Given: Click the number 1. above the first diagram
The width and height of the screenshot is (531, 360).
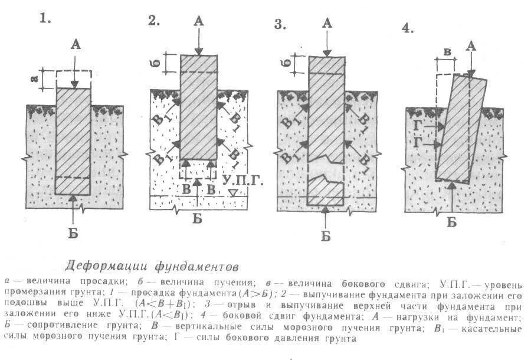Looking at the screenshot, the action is click(45, 18).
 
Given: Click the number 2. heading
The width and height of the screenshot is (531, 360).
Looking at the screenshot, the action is click(154, 21).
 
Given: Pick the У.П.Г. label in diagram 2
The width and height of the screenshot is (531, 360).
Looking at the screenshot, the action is click(240, 178).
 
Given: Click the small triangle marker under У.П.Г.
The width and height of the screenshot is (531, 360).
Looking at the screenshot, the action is click(234, 193).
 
